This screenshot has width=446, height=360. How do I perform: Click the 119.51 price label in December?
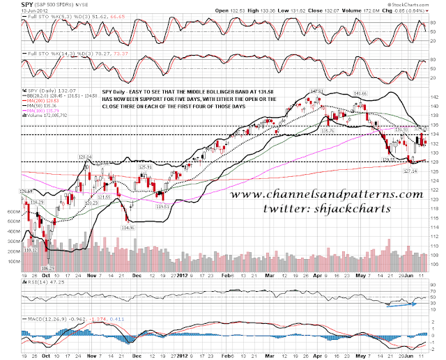(164, 207)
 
